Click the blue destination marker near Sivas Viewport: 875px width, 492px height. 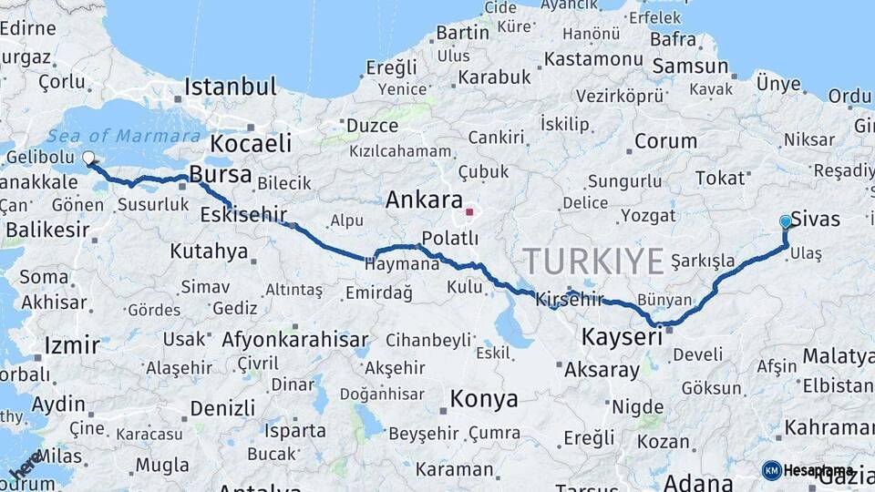point(786,221)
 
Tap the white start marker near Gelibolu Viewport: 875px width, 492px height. point(88,158)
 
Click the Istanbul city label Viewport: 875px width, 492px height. point(230,87)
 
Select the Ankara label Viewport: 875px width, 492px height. point(424,200)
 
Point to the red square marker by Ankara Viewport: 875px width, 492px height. point(469,212)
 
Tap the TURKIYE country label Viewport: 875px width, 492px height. point(593,262)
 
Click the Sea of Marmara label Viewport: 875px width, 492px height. point(124,137)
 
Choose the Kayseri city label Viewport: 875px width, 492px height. point(622,338)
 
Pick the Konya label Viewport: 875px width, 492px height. point(484,399)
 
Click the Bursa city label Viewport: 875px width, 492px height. point(221,174)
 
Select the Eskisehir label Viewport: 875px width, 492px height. point(243,215)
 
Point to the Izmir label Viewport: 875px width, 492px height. point(71,346)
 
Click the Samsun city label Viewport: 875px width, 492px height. point(690,66)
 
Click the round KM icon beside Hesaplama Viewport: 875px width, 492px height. point(771,470)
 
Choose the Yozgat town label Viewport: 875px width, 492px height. point(648,216)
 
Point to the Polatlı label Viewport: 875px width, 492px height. point(449,239)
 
